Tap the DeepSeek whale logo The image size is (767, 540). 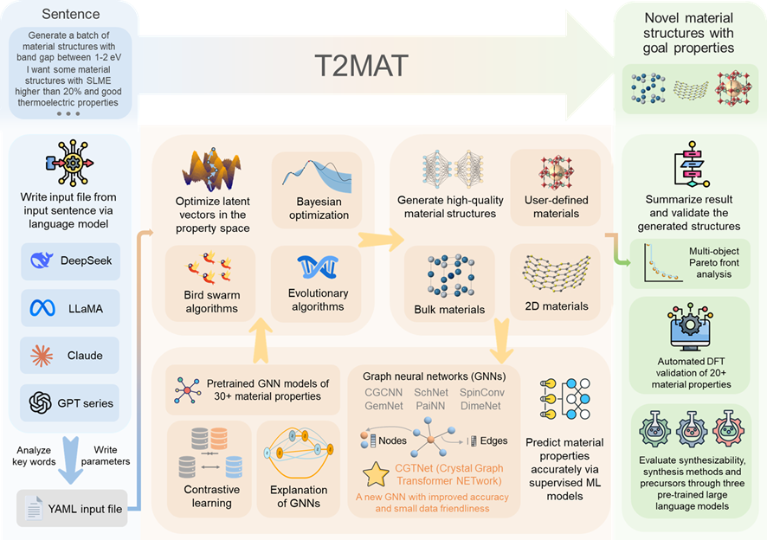tap(41, 260)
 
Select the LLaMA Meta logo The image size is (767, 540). tap(41, 308)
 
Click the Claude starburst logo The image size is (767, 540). tap(41, 355)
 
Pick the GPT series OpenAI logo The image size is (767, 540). tap(41, 402)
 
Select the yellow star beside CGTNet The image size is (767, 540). tap(376, 475)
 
